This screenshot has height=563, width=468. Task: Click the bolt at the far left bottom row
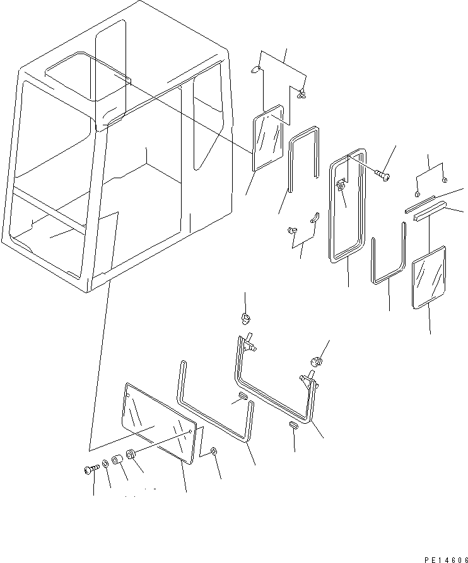pos(90,469)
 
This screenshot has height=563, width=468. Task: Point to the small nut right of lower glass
pos(213,452)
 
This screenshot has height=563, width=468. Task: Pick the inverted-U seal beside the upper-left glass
pos(303,157)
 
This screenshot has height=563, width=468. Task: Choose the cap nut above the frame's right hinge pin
pos(317,361)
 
